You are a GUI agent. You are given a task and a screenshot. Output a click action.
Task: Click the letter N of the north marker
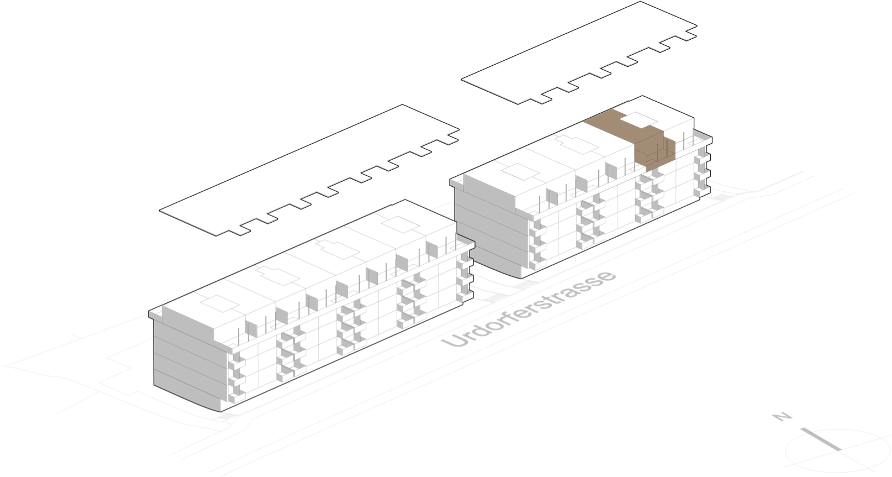click(x=780, y=416)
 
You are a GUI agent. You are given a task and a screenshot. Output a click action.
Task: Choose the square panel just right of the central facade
click(x=553, y=196)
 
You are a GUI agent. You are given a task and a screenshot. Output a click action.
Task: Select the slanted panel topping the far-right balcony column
click(x=702, y=134)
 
